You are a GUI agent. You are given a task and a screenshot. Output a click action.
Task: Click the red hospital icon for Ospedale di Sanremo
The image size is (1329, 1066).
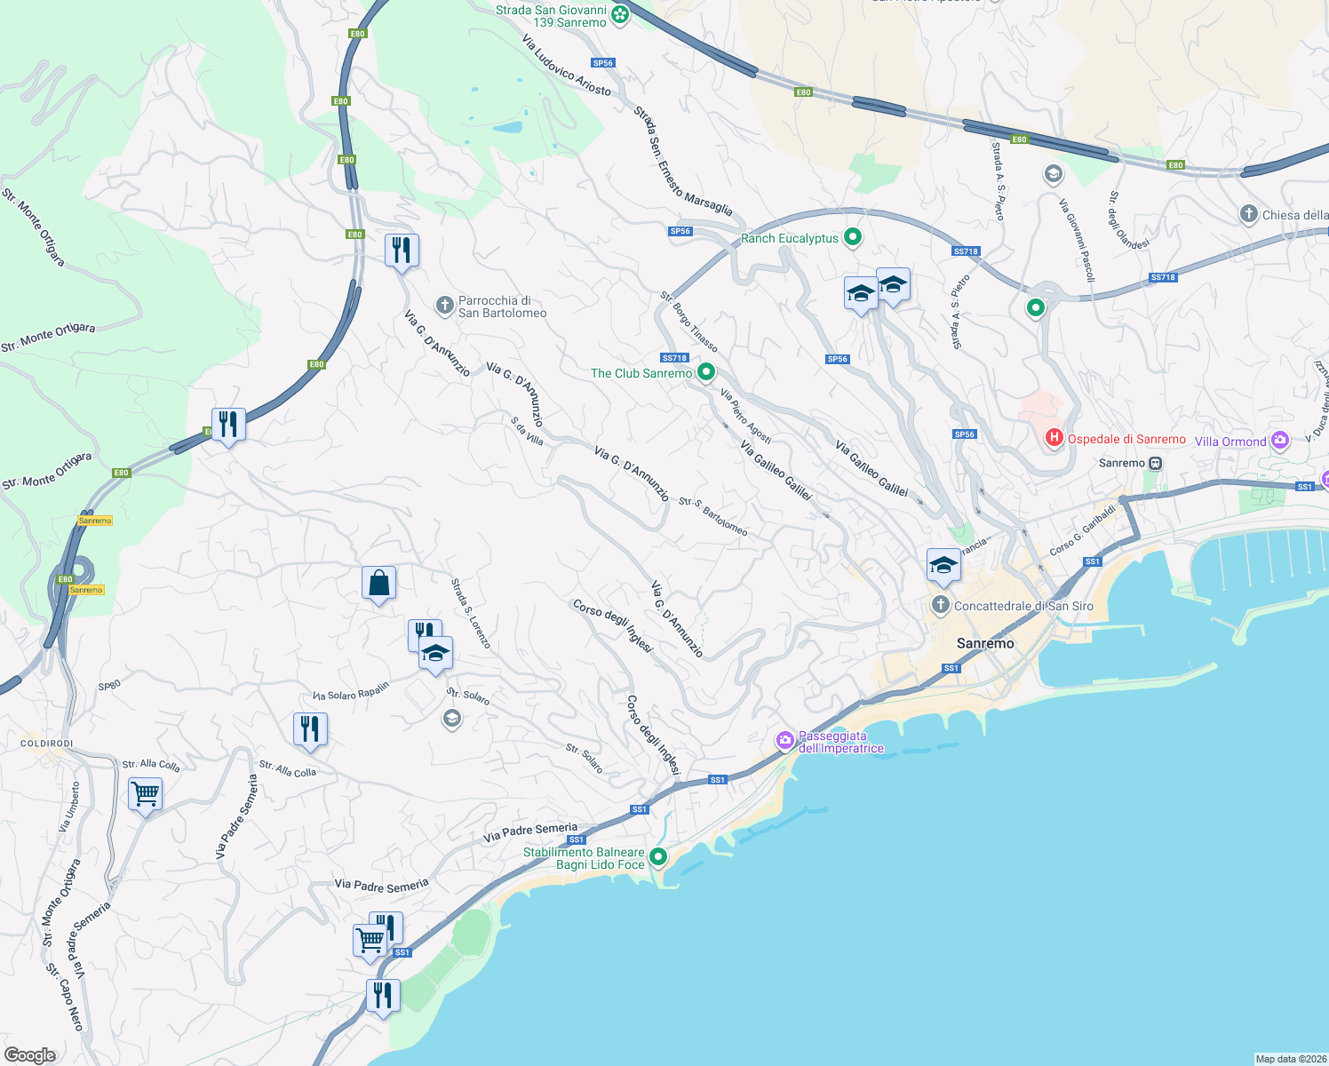(x=1054, y=437)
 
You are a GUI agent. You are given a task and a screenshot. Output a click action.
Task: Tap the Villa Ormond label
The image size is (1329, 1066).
(x=1230, y=442)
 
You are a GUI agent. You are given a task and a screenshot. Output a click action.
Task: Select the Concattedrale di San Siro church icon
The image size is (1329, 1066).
(x=941, y=606)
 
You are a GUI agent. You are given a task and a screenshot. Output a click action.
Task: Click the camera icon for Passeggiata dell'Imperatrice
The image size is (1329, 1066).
(x=784, y=740)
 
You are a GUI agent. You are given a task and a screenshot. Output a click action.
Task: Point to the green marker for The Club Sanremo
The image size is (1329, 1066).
(x=706, y=372)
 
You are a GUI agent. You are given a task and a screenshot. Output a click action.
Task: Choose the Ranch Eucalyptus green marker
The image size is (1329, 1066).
(x=853, y=237)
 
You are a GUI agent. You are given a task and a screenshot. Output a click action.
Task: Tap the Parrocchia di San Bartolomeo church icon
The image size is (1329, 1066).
(x=445, y=306)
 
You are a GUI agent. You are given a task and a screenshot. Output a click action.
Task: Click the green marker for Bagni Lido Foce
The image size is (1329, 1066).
(x=658, y=857)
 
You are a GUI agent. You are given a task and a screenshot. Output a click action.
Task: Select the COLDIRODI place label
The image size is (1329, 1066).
(x=47, y=744)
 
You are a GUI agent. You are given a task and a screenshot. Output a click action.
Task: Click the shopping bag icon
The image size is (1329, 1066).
(x=378, y=584)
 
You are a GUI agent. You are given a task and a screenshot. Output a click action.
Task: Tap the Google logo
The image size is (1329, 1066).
(x=30, y=1054)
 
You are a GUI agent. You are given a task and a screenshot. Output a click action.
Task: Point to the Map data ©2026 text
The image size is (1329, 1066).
(x=1290, y=1059)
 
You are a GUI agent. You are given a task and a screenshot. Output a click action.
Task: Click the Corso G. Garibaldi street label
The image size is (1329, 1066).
(x=1082, y=531)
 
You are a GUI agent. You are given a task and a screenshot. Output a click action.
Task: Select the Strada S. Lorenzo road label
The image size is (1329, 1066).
(x=470, y=614)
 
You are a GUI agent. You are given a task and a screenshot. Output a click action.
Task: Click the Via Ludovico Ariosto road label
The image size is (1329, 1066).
(x=566, y=66)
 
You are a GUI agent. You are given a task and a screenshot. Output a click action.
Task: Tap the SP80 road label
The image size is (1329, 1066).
(x=109, y=686)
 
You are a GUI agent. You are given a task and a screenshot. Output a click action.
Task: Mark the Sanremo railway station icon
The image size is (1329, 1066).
(x=1155, y=463)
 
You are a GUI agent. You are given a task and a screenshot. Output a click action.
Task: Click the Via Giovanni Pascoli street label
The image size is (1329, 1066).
(x=1077, y=241)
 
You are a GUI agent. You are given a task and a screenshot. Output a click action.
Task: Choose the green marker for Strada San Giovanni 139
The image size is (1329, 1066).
(x=620, y=14)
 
